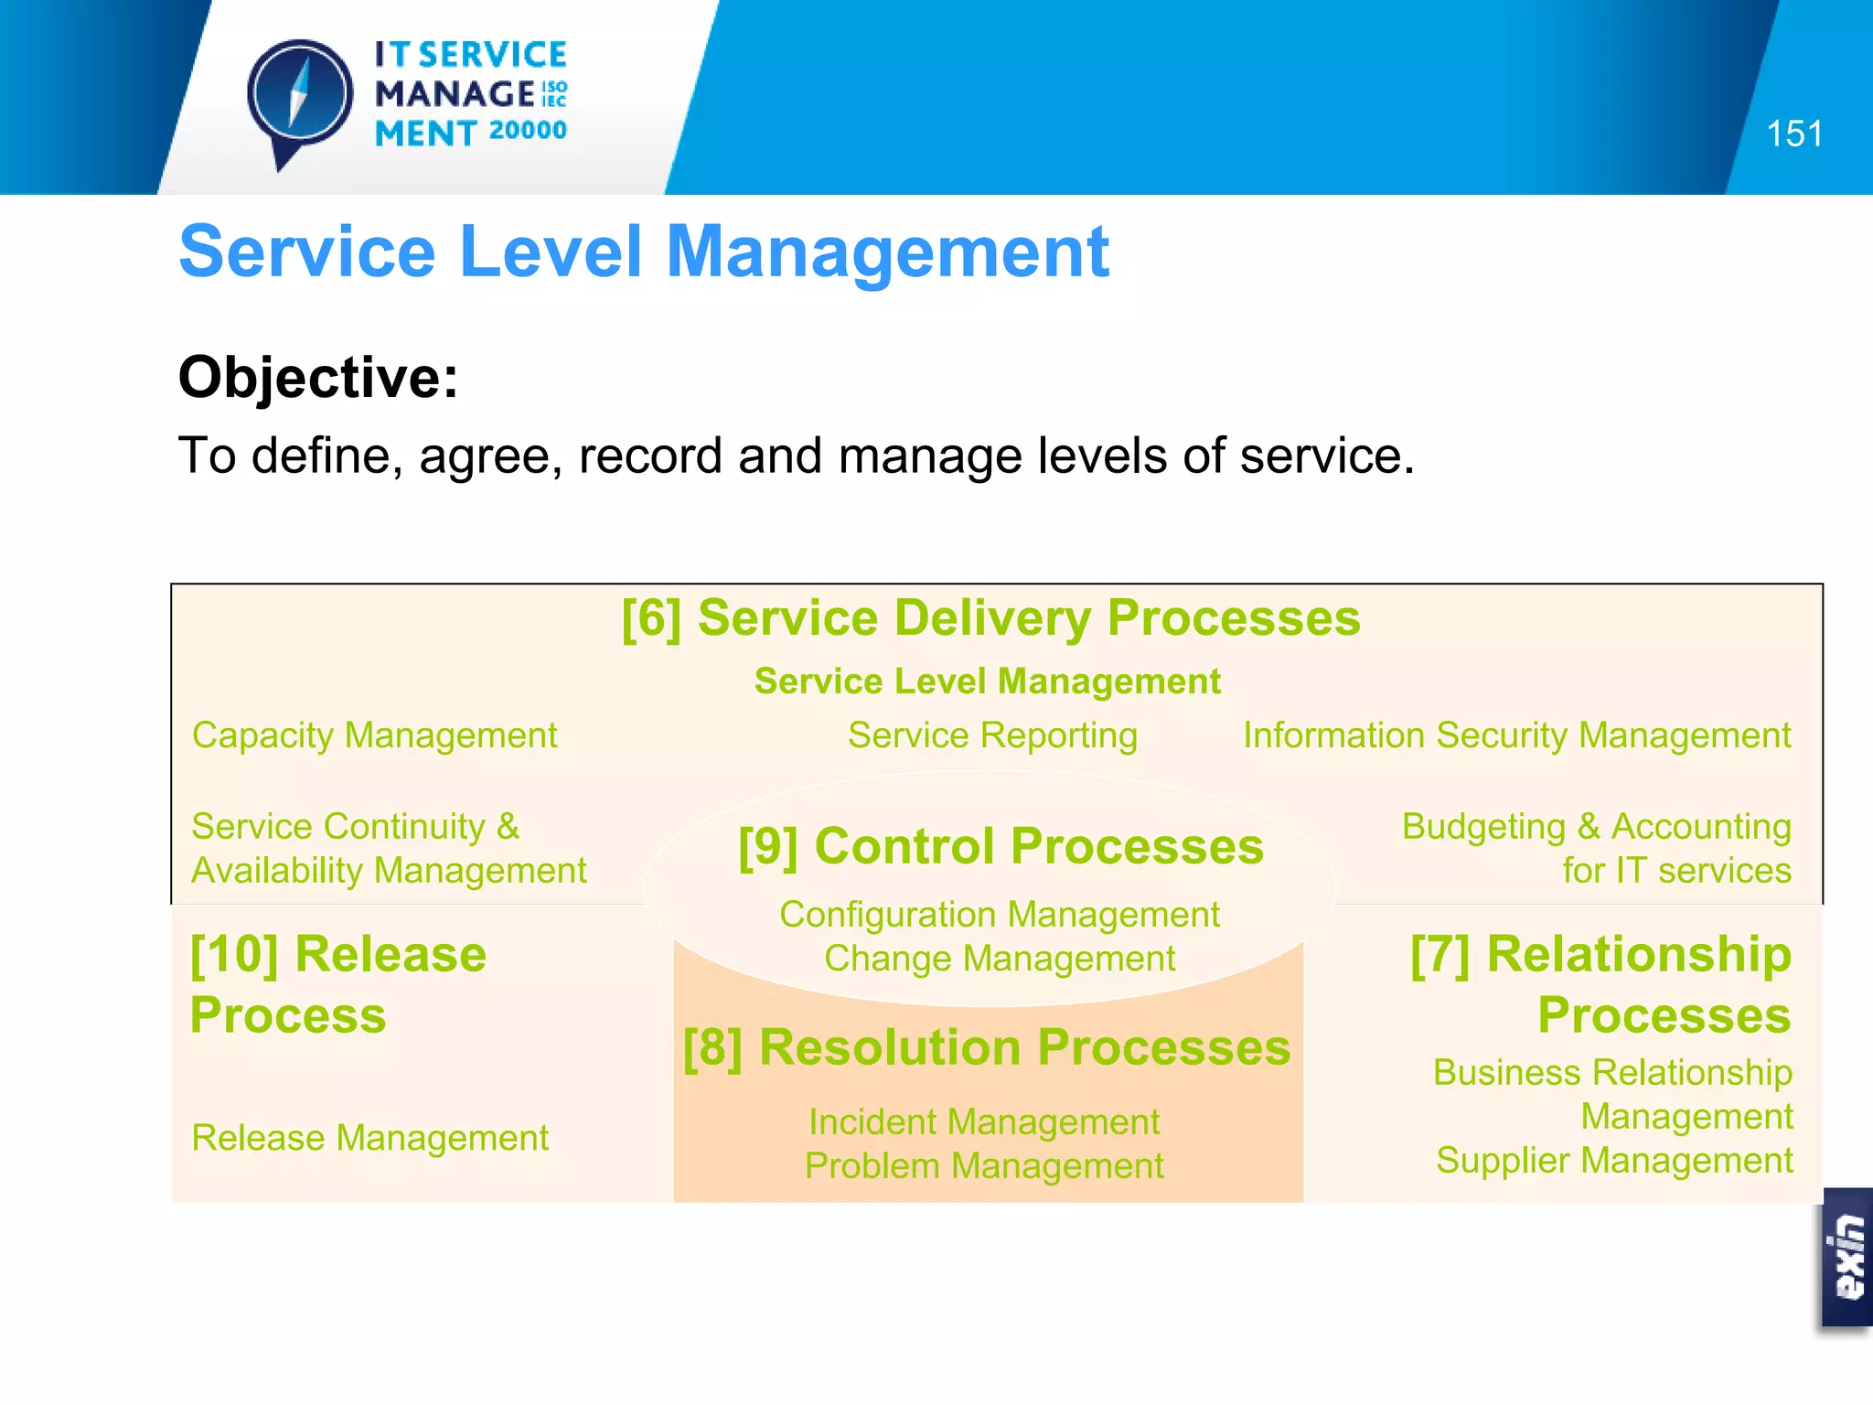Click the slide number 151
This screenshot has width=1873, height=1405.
click(1793, 134)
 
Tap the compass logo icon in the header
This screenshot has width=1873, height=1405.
click(299, 97)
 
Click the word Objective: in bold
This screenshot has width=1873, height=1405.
click(318, 377)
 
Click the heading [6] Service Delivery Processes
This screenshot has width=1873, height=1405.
click(990, 617)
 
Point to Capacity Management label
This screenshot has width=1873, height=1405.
click(374, 735)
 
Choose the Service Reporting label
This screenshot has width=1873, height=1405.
click(992, 735)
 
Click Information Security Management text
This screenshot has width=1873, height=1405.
click(1515, 735)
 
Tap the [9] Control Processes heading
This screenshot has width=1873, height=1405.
click(1001, 846)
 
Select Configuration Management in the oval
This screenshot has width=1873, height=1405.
click(999, 915)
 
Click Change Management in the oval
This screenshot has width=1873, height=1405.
click(999, 959)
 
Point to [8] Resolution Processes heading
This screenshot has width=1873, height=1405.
click(987, 1047)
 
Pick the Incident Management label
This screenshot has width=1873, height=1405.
click(984, 1122)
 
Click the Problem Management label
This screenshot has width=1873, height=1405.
click(984, 1166)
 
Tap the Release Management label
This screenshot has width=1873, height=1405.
click(369, 1138)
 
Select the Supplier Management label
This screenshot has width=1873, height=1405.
click(1613, 1161)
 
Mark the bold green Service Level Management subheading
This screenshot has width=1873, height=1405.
click(987, 681)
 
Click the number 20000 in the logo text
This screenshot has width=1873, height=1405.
click(528, 131)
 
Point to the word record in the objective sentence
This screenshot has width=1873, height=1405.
click(650, 456)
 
